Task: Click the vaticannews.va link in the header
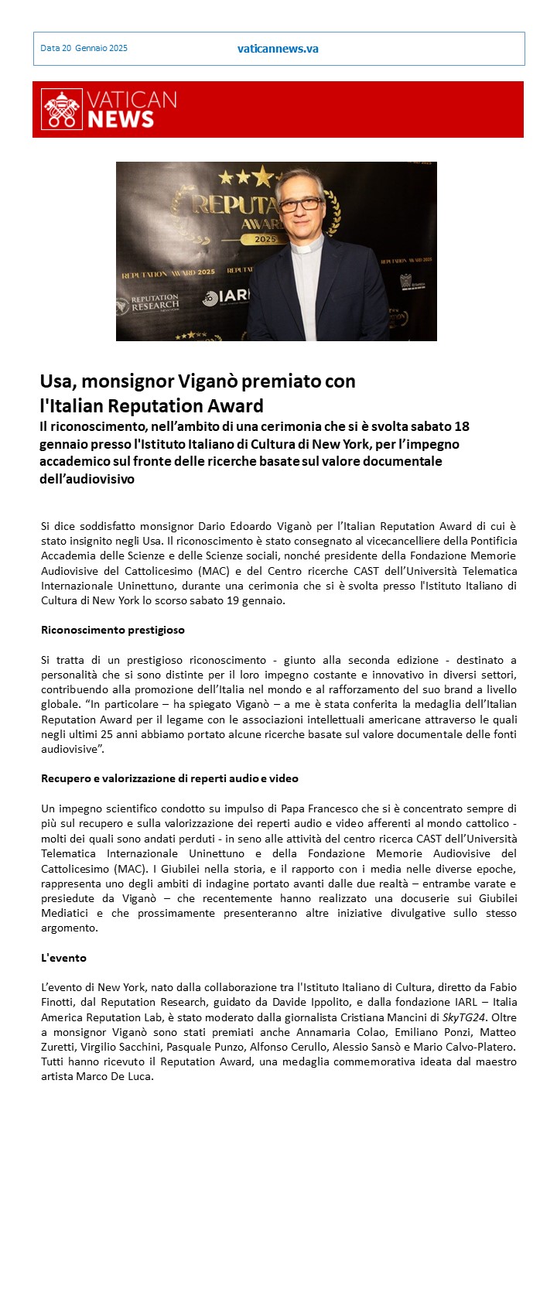(x=278, y=49)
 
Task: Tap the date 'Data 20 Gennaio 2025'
(x=84, y=48)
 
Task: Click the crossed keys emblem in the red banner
(x=61, y=110)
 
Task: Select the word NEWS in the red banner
(x=121, y=119)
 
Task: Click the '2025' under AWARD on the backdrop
(x=265, y=240)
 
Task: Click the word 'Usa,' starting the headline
(x=58, y=381)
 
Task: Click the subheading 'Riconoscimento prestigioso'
(x=113, y=630)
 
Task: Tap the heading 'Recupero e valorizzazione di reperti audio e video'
(x=169, y=778)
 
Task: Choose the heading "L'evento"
(x=63, y=958)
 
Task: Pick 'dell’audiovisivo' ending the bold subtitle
(x=87, y=479)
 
